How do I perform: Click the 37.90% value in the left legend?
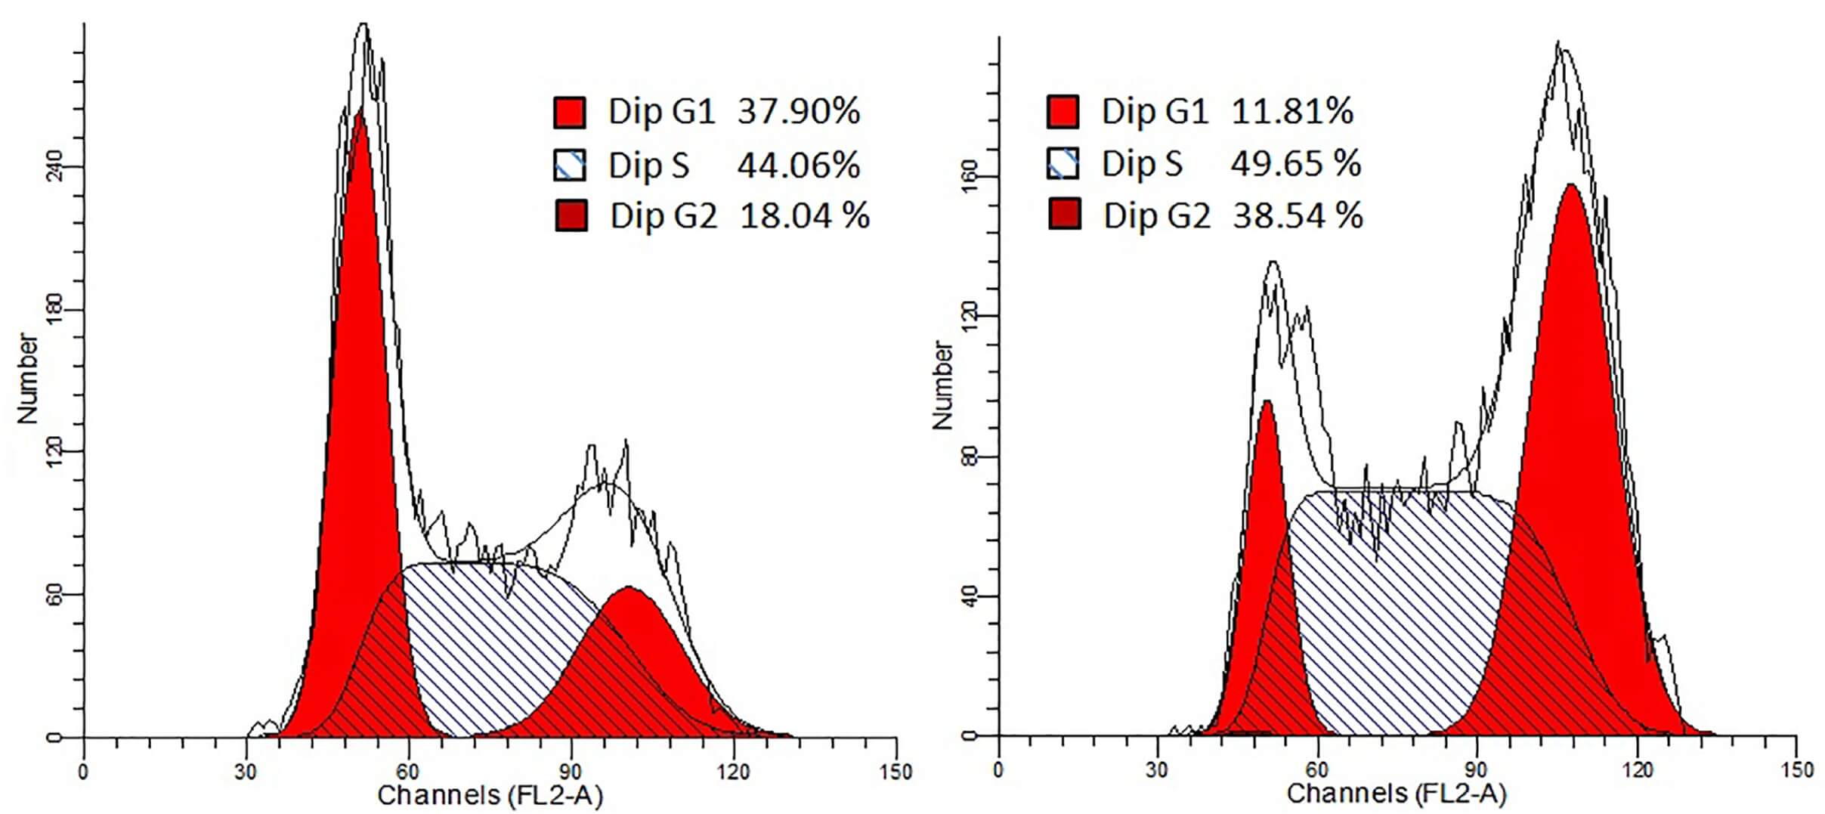(x=798, y=112)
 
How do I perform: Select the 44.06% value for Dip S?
(x=798, y=165)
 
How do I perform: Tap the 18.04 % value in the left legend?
(x=804, y=216)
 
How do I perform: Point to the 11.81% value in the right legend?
(x=1291, y=112)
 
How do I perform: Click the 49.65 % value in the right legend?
(x=1295, y=164)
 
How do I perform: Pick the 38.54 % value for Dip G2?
(x=1298, y=216)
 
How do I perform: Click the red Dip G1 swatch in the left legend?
(x=570, y=112)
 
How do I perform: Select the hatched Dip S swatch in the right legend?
(x=1063, y=163)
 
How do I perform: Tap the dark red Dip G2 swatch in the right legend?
(x=1064, y=215)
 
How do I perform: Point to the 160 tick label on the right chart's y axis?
(x=971, y=177)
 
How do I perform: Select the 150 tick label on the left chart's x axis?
(x=896, y=772)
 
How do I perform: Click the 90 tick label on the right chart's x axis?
(x=1476, y=770)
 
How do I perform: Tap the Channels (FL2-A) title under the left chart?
(x=490, y=795)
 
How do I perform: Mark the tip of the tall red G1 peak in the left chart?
(x=360, y=111)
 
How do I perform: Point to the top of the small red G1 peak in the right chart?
(x=1267, y=402)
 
